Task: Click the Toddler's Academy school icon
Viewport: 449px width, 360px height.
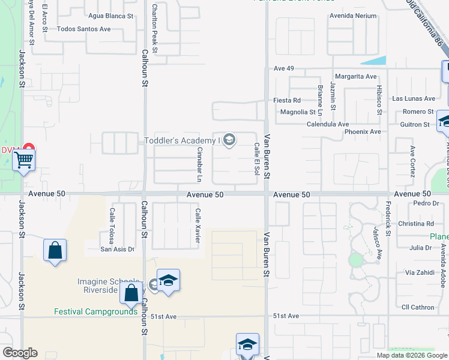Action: [229, 141]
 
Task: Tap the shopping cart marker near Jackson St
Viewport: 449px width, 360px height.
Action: [23, 160]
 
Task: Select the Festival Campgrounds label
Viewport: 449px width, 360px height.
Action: [96, 311]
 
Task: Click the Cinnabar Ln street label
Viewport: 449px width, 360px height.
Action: [199, 164]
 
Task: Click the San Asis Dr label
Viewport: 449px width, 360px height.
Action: [117, 249]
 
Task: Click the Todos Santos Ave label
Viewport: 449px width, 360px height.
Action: [84, 29]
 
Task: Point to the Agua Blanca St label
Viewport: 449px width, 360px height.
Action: [110, 16]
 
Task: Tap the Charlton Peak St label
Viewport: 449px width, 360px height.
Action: [154, 27]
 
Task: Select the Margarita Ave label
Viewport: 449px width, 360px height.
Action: [356, 77]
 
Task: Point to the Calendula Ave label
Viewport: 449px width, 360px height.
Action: [328, 124]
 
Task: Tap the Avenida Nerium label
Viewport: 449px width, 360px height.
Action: [352, 16]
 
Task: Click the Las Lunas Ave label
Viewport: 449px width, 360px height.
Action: [413, 98]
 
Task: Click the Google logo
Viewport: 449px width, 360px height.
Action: [20, 353]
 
